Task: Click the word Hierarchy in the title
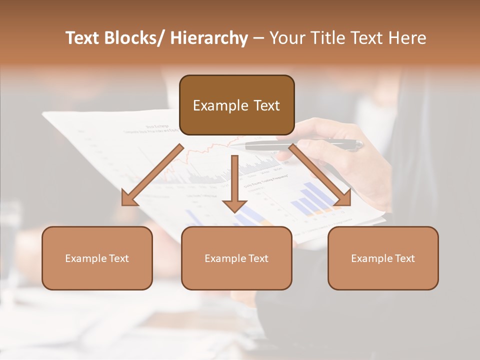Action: [209, 38]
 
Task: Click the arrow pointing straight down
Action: [234, 185]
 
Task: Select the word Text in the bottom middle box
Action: [257, 258]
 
